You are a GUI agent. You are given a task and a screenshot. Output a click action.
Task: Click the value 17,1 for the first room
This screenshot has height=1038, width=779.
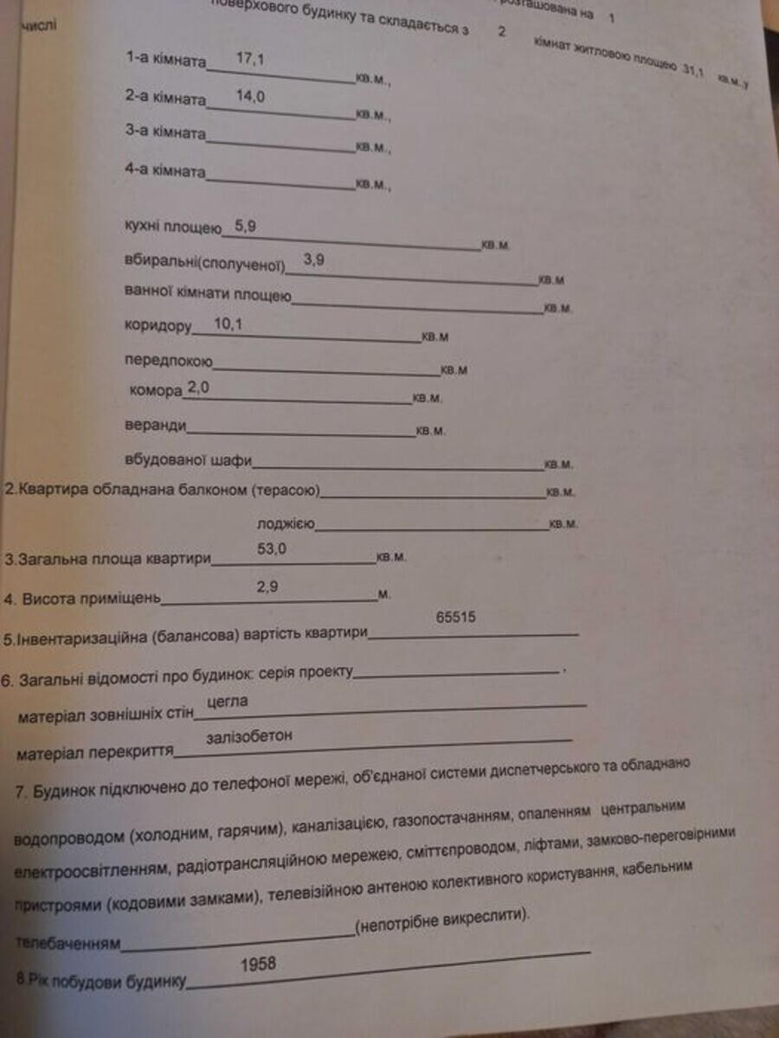[x=249, y=59]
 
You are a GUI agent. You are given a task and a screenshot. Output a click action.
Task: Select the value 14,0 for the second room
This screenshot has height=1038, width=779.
[x=249, y=97]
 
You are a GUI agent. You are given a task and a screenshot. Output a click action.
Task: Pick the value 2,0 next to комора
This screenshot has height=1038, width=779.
[x=198, y=388]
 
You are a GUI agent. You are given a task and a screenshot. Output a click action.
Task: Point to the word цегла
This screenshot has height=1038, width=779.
[x=228, y=702]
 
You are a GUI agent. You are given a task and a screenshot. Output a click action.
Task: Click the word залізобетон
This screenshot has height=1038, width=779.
[x=250, y=736]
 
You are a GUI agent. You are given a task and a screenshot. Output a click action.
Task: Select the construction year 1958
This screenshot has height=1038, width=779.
[x=259, y=963]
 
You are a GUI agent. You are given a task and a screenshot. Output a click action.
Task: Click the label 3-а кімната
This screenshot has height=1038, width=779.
[x=165, y=132]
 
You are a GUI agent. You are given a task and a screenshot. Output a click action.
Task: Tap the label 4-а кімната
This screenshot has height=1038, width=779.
[x=165, y=171]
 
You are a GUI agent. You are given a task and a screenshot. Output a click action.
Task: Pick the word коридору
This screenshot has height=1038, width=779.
[x=157, y=326]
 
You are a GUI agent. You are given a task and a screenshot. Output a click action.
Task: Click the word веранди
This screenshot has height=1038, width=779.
[x=155, y=426]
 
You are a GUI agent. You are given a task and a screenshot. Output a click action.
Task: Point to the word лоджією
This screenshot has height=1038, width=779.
[x=285, y=524]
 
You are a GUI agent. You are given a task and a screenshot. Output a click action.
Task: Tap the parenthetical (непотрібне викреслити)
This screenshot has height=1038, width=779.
[x=440, y=926]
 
